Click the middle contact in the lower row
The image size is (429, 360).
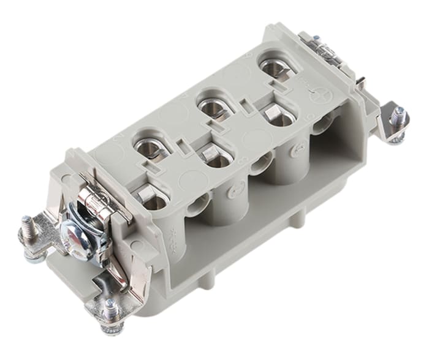[x=216, y=157]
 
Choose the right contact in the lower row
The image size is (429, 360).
[x=278, y=117]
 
